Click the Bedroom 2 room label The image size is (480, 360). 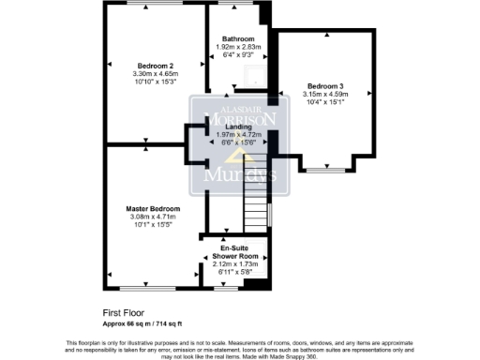(155, 65)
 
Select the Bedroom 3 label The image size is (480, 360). (325, 84)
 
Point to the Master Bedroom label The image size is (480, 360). (154, 208)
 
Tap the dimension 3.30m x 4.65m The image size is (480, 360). (155, 73)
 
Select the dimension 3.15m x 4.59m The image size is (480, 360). (325, 93)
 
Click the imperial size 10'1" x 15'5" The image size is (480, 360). (154, 225)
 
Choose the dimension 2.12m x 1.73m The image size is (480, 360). (233, 265)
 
